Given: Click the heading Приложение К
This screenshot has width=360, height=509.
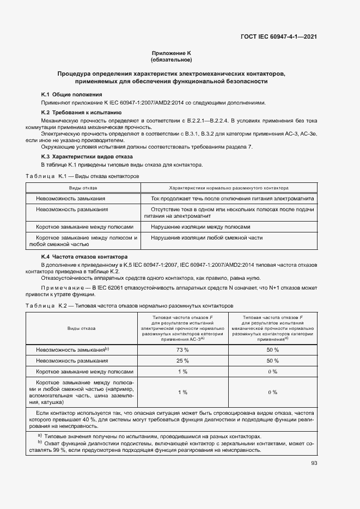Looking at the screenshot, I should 171,53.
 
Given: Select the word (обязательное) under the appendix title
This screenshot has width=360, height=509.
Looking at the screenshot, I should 171,59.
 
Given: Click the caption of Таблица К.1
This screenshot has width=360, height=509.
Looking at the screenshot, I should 83,176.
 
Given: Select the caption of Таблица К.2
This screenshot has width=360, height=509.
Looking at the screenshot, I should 129,306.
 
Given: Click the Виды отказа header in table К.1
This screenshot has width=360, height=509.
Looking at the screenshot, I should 83,187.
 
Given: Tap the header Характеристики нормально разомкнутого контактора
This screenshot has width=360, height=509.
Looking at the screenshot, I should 229,187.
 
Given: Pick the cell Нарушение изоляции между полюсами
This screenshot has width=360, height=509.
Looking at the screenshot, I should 200,227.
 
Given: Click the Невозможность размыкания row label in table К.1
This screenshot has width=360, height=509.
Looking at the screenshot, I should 72,209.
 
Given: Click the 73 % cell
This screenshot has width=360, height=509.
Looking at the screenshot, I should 182,349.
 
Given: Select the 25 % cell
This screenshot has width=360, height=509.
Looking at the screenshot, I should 182,360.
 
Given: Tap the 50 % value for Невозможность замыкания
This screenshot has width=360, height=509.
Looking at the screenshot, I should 272,349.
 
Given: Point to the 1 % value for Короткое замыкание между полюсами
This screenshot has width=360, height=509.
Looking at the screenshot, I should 182,371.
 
